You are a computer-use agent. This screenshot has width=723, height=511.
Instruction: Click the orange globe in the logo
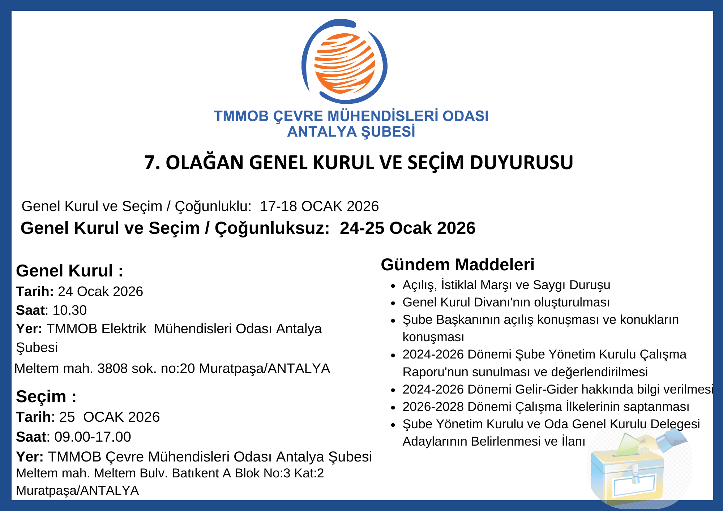(345, 63)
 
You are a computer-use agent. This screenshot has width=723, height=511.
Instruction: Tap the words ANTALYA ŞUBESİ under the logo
(351, 132)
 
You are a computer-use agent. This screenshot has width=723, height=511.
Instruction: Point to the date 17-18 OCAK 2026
(319, 206)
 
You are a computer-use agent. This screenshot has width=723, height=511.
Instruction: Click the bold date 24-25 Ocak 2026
(407, 228)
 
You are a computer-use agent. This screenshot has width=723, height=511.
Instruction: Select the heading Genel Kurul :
(69, 271)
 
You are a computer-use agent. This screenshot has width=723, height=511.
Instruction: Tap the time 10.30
(70, 310)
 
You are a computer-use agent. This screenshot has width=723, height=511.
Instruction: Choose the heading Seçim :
(46, 396)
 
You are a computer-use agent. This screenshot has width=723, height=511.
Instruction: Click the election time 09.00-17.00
(93, 437)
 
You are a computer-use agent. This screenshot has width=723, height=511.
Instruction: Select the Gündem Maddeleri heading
(457, 265)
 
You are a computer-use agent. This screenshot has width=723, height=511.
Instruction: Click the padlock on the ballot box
(635, 478)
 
